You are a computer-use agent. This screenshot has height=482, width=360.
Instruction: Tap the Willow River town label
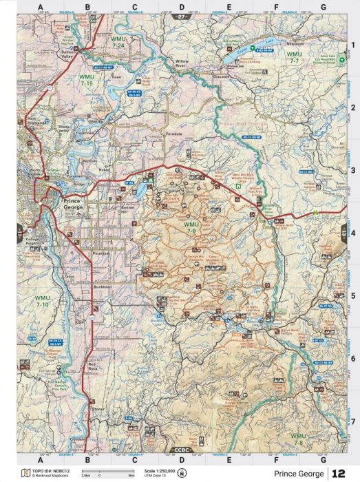coord(182,63)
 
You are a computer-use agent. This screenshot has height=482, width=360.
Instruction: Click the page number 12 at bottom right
coord(339,474)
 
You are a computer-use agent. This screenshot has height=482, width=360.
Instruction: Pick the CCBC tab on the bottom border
coord(180,449)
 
